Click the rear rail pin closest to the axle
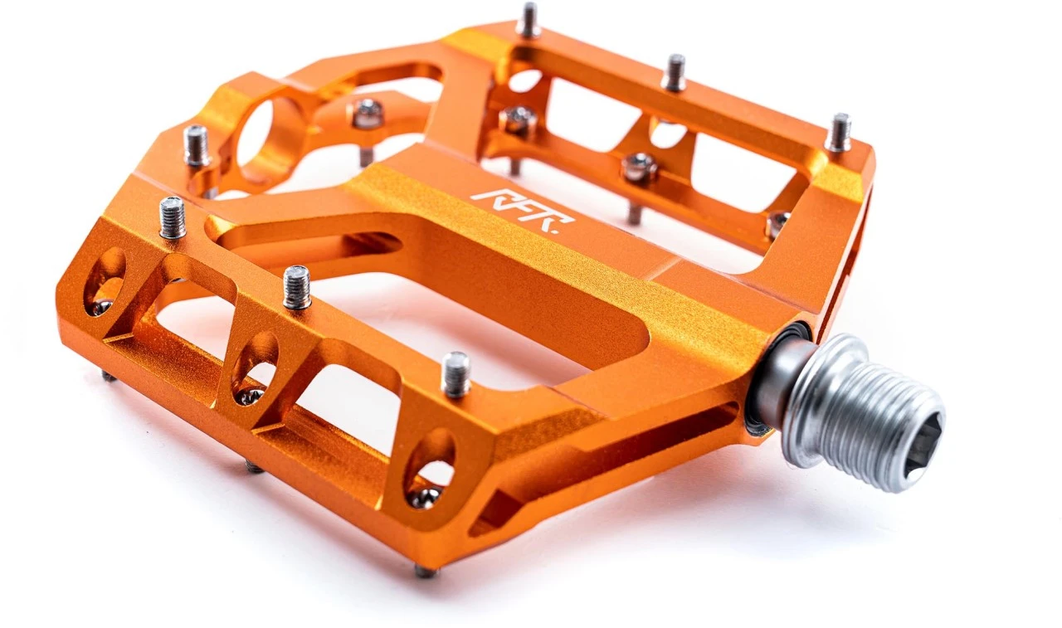click(x=839, y=133)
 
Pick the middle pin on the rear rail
click(x=674, y=72)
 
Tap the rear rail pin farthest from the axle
click(x=528, y=19)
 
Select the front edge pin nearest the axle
click(x=455, y=373)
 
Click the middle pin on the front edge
click(x=297, y=287)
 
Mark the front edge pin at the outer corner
click(x=173, y=217)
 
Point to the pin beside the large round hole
click(x=197, y=145)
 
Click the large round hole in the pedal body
click(x=259, y=133)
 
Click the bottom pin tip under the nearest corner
click(x=425, y=571)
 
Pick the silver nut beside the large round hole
click(x=367, y=114)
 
